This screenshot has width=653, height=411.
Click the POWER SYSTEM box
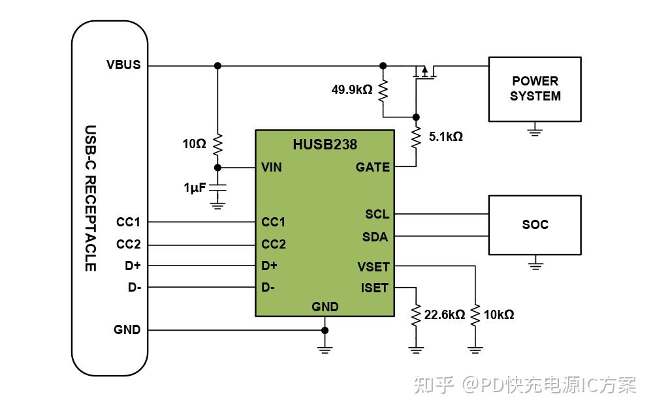pyautogui.click(x=535, y=89)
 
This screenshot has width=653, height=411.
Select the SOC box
pyautogui.click(x=535, y=224)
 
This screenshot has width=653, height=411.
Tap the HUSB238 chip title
pyautogui.click(x=325, y=145)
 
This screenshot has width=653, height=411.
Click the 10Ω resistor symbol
pyautogui.click(x=218, y=144)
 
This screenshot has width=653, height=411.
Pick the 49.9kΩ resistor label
pyautogui.click(x=351, y=89)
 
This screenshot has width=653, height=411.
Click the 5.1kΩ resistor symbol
pyautogui.click(x=415, y=138)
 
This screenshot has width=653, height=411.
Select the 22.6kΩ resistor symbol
pyautogui.click(x=415, y=315)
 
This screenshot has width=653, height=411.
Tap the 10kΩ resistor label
pyautogui.click(x=498, y=315)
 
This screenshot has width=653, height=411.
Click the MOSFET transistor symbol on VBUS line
pyautogui.click(x=424, y=73)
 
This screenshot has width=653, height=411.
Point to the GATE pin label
pyautogui.click(x=372, y=167)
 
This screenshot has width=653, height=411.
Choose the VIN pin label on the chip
pyautogui.click(x=272, y=167)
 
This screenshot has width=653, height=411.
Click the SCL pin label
pyautogui.click(x=377, y=214)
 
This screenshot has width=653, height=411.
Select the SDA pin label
pyautogui.click(x=375, y=237)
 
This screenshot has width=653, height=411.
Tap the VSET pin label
pyautogui.click(x=373, y=266)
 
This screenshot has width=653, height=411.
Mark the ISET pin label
pyautogui.click(x=374, y=288)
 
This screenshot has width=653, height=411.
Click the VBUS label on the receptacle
pyautogui.click(x=123, y=65)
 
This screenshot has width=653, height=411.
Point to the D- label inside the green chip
pyautogui.click(x=268, y=287)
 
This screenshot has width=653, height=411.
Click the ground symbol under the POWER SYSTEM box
pyautogui.click(x=535, y=131)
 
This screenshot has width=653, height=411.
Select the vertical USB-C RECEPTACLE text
pyautogui.click(x=91, y=198)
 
